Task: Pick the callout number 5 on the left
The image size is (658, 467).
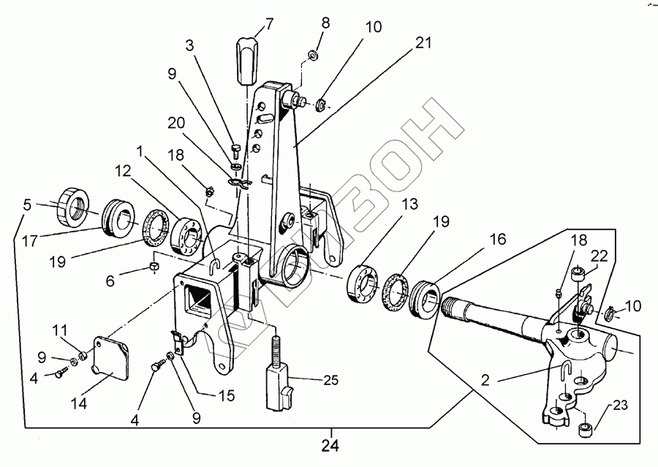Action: click(27, 205)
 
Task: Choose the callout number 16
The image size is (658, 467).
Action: click(497, 239)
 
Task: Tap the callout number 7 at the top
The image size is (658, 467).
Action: click(268, 23)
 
